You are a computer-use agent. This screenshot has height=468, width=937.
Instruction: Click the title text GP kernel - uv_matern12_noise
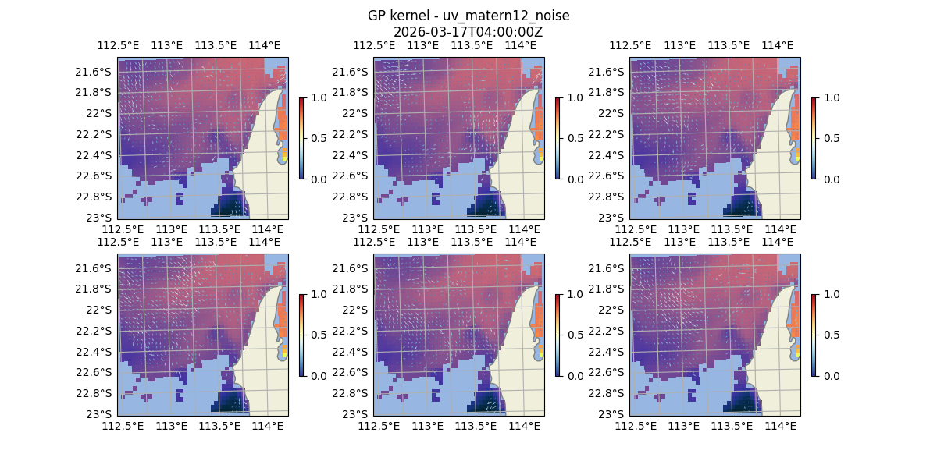coord(468,16)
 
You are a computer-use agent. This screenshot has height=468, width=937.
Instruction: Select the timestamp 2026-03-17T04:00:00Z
coord(468,32)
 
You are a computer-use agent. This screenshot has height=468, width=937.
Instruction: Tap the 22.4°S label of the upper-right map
coord(610,154)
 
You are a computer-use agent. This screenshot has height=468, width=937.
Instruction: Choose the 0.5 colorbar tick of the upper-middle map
coord(575,138)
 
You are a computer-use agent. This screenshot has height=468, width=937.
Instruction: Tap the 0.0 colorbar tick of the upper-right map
coord(832,179)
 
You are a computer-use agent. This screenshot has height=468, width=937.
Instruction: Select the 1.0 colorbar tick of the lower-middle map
coord(575,294)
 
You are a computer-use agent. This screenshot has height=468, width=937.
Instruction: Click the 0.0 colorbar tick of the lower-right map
coord(832,375)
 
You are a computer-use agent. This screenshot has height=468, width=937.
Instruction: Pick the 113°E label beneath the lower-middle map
coord(427,426)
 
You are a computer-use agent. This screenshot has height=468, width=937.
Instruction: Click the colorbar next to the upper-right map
coord(814,138)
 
